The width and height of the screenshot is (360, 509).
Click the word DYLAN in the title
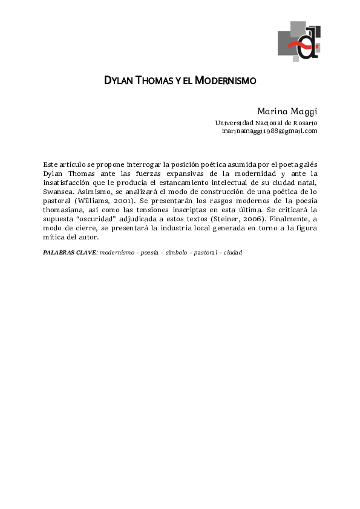point(117,80)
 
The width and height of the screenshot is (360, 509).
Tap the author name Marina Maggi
point(287,111)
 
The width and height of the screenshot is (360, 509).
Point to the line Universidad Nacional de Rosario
point(266,123)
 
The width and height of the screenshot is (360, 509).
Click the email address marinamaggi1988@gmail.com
point(269,131)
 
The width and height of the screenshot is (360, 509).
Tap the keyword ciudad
point(232,252)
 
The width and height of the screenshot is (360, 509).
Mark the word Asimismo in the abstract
point(96,183)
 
